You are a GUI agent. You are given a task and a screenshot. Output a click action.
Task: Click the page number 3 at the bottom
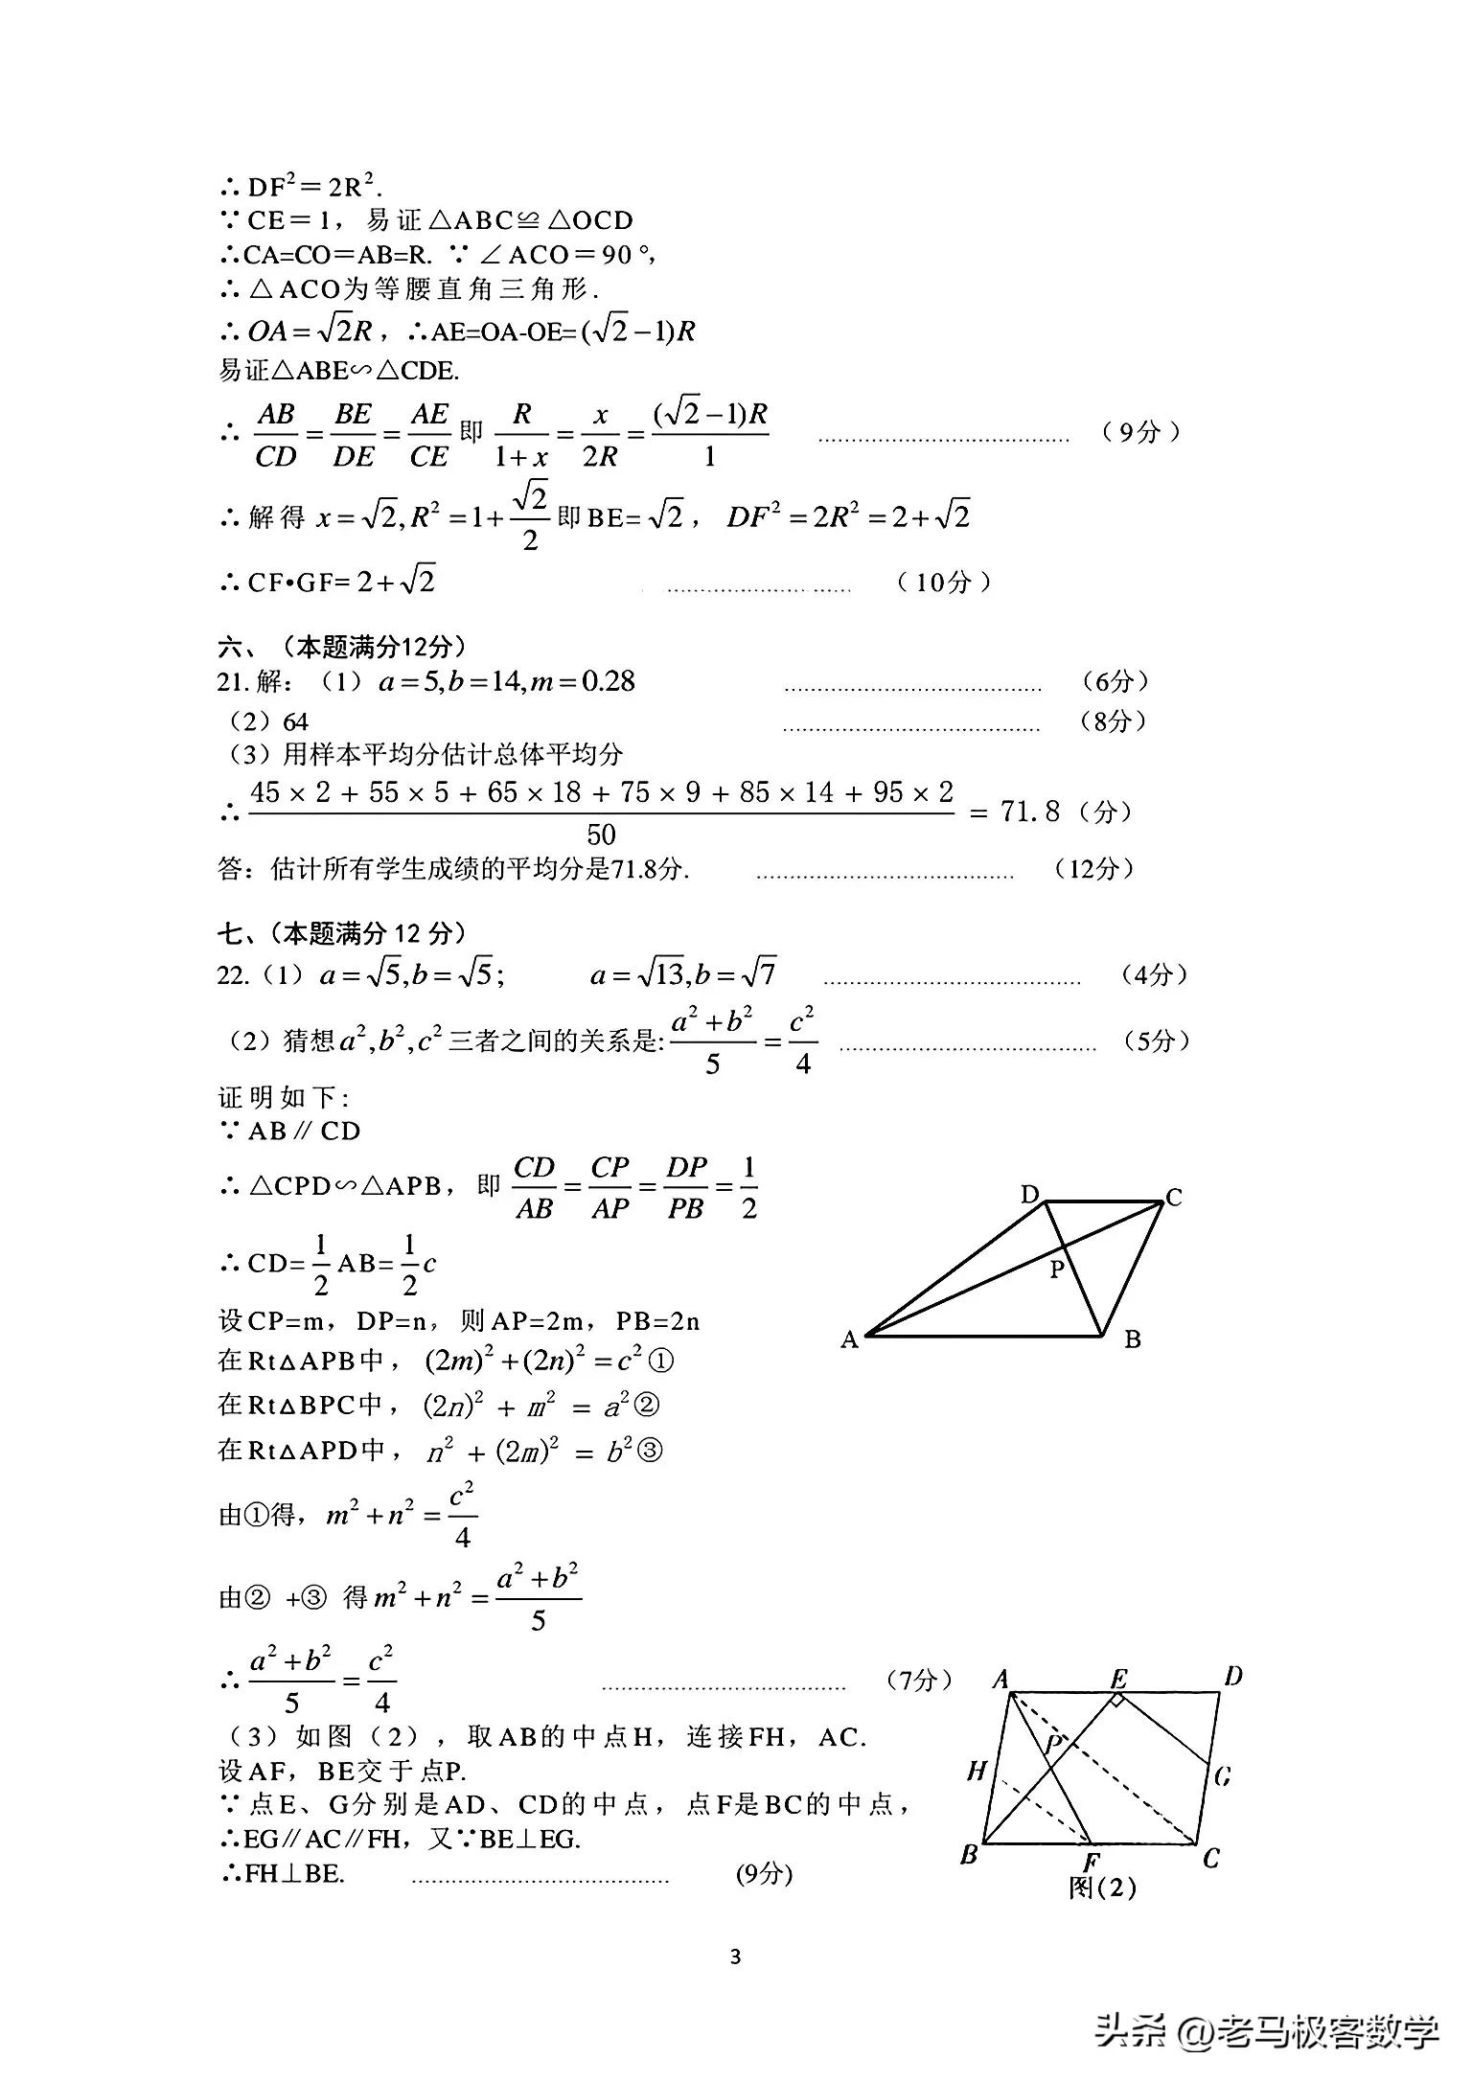click(735, 1956)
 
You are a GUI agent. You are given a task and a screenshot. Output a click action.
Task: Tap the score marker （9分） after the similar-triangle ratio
click(1138, 432)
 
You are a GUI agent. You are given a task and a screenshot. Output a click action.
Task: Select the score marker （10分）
click(944, 582)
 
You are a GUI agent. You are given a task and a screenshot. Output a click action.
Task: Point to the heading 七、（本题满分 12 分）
click(342, 932)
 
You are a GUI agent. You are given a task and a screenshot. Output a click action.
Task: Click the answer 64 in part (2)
click(295, 721)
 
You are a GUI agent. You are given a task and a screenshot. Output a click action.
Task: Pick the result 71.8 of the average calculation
click(1030, 812)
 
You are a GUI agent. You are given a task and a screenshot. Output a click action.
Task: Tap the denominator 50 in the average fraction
click(601, 834)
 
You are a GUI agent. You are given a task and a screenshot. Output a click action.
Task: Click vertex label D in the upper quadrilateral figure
click(1029, 1194)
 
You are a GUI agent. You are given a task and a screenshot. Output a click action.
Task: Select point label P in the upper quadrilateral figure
click(1057, 1270)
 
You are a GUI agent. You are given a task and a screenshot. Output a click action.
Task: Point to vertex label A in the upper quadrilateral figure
click(849, 1339)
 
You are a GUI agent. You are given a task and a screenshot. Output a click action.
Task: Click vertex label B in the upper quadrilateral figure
click(1133, 1339)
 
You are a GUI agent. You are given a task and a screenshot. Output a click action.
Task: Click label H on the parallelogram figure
click(977, 1770)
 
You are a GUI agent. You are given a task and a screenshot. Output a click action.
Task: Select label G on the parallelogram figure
click(1223, 1777)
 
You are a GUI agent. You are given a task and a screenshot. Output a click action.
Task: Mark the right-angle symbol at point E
click(1117, 1701)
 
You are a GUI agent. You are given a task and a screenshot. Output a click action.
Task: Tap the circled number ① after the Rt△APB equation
click(661, 1360)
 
